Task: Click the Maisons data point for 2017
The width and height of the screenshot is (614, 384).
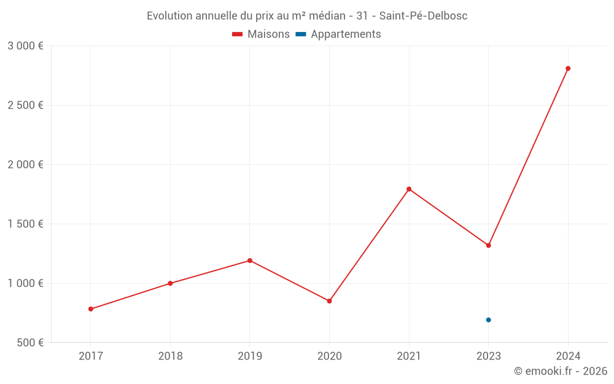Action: coord(91,309)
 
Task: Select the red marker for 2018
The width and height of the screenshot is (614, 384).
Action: coord(170,283)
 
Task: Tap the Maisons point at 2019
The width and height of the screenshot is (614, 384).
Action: coord(250,261)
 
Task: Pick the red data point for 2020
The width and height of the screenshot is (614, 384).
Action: coord(329,301)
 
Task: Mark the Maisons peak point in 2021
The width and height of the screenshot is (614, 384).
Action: coord(409,189)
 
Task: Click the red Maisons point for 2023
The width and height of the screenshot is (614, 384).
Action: coord(488,245)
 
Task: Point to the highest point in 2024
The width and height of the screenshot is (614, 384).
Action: coord(568,68)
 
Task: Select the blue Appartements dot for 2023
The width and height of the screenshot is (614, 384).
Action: coord(488,320)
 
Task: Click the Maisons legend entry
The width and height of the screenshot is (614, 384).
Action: coord(261,34)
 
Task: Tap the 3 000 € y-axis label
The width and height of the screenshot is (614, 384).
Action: coord(25,46)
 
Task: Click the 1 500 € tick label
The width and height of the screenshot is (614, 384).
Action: coord(25,224)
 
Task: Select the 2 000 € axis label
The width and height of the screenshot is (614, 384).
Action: coord(25,165)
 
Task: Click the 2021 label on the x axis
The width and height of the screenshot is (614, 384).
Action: coord(409,356)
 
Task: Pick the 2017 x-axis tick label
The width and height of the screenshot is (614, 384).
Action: coord(91,356)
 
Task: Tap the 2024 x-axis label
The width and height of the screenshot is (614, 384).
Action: coord(568,356)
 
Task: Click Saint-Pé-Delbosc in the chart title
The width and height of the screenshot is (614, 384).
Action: coord(423,16)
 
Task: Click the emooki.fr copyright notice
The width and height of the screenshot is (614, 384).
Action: coord(560,371)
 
